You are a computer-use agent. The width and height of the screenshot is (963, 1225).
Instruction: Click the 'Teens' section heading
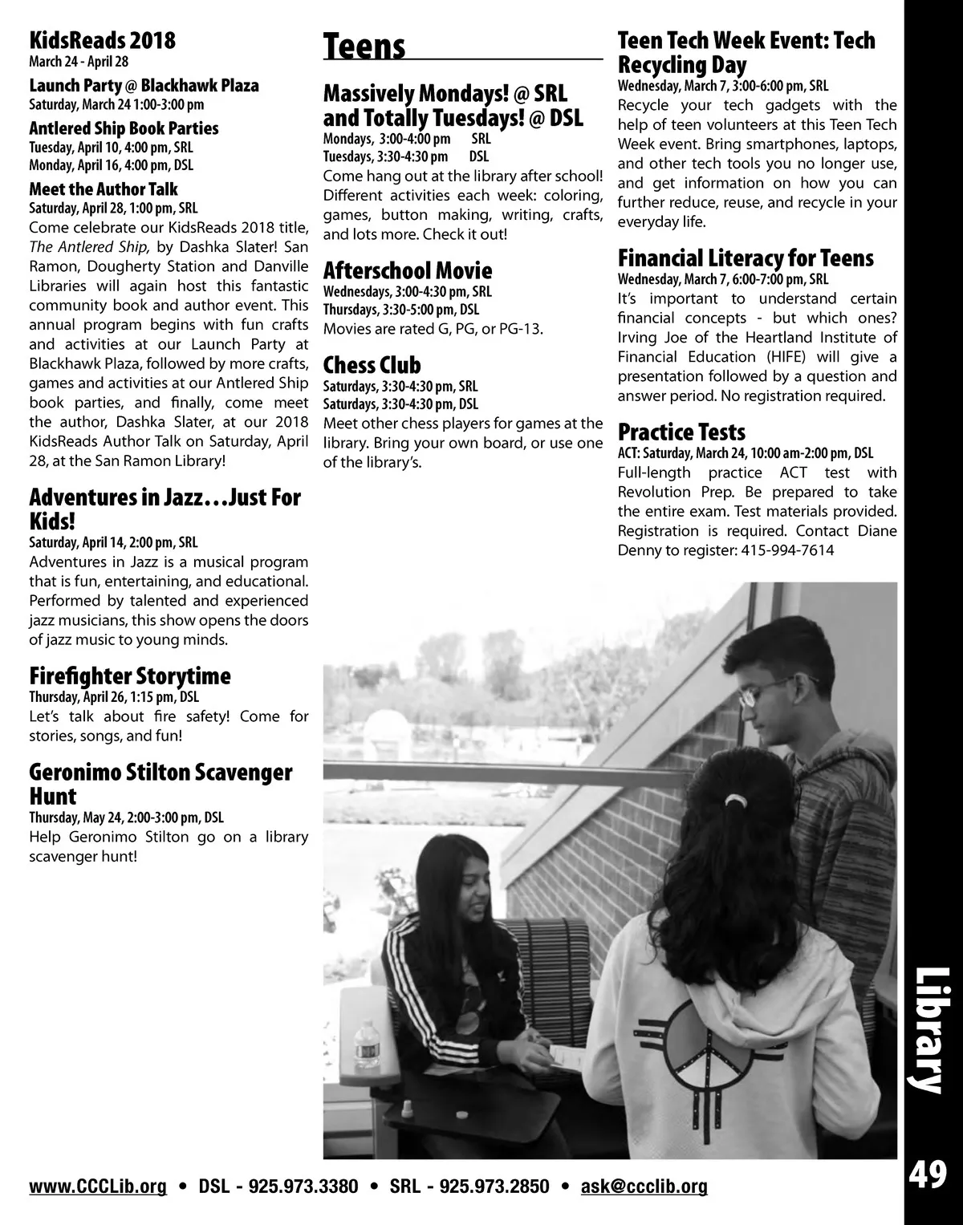coord(364,47)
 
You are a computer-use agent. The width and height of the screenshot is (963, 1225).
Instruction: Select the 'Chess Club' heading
coord(372,365)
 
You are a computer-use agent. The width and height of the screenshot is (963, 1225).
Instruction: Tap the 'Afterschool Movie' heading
coord(408,270)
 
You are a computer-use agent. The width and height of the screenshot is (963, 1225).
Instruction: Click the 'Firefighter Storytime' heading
coord(130,675)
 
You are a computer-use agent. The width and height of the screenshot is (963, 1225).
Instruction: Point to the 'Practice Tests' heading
coord(681,433)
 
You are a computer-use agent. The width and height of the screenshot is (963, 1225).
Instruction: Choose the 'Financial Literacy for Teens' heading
coord(746,258)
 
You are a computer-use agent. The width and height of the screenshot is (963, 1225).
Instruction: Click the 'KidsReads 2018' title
coord(102,40)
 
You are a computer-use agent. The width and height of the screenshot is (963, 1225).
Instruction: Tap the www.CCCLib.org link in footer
coord(98,1186)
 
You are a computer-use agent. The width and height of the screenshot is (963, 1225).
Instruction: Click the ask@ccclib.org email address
coord(644,1186)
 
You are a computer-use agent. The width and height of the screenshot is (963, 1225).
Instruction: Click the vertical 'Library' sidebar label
coord(929,1030)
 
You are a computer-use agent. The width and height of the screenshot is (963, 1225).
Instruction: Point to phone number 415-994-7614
coord(782,550)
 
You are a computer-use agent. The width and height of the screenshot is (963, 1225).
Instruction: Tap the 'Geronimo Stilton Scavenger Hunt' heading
coord(160,784)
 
